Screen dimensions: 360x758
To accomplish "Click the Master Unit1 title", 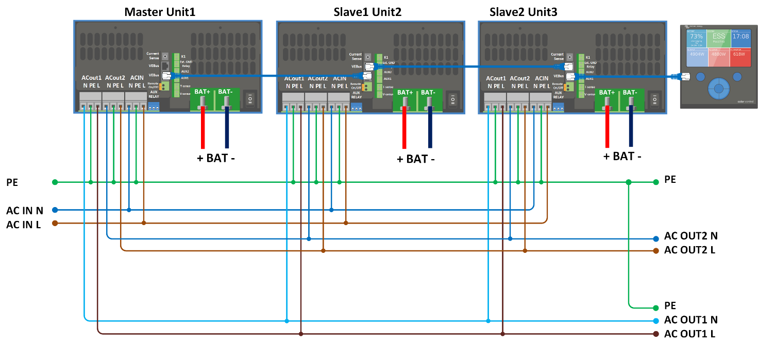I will point(160,11).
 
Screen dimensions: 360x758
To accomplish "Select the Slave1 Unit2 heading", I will point(368,11).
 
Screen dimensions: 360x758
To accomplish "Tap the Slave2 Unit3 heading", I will point(523,11).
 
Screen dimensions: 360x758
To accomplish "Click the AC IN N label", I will point(25,210).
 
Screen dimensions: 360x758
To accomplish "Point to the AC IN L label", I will point(24,225).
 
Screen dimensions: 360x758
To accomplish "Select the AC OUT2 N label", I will point(690,236).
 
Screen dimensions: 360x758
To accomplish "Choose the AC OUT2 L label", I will point(689,250).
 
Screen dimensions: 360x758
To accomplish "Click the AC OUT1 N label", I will point(690,320).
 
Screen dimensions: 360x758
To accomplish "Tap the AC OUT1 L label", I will point(689,334).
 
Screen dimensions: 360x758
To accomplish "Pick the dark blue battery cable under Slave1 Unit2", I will point(429,129).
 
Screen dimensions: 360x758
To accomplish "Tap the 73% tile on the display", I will point(696,39).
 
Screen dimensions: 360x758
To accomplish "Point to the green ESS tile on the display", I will point(718,39).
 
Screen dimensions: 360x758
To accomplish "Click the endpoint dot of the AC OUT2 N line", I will point(655,239).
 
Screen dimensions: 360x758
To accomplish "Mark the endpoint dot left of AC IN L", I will point(55,223).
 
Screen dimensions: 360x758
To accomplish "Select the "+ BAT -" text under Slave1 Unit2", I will point(415,159).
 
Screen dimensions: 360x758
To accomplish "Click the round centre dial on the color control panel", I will point(718,89).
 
